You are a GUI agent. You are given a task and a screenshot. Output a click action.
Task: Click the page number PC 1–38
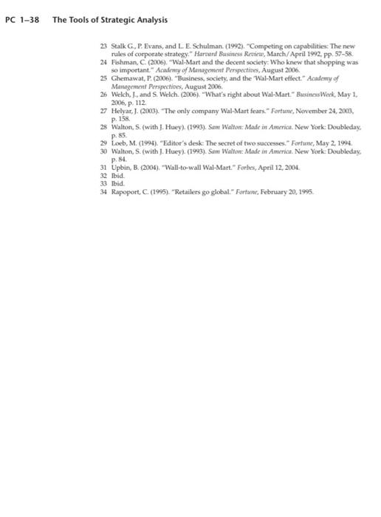click(x=21, y=19)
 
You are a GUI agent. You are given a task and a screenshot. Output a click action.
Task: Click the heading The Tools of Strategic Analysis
click(x=110, y=19)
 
